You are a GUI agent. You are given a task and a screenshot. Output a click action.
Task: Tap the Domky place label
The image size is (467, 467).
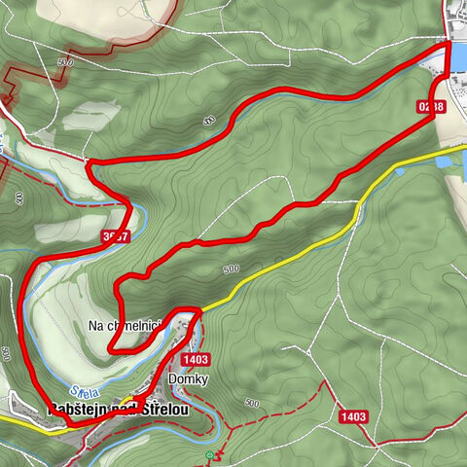click(188, 379)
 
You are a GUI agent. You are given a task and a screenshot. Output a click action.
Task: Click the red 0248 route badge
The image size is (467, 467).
click(435, 107)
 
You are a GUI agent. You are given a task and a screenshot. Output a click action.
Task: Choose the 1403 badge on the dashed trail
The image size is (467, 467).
click(353, 416)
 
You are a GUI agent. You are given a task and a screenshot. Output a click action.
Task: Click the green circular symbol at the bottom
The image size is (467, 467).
click(208, 455)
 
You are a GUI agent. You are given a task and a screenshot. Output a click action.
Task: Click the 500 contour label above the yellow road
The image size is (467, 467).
click(231, 269)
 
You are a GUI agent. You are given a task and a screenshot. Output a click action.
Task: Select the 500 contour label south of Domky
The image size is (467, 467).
click(251, 403)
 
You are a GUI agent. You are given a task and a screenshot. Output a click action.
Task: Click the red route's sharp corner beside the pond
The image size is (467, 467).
click(449, 44)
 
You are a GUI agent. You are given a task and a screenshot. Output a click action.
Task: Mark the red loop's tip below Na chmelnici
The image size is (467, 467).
click(113, 346)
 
